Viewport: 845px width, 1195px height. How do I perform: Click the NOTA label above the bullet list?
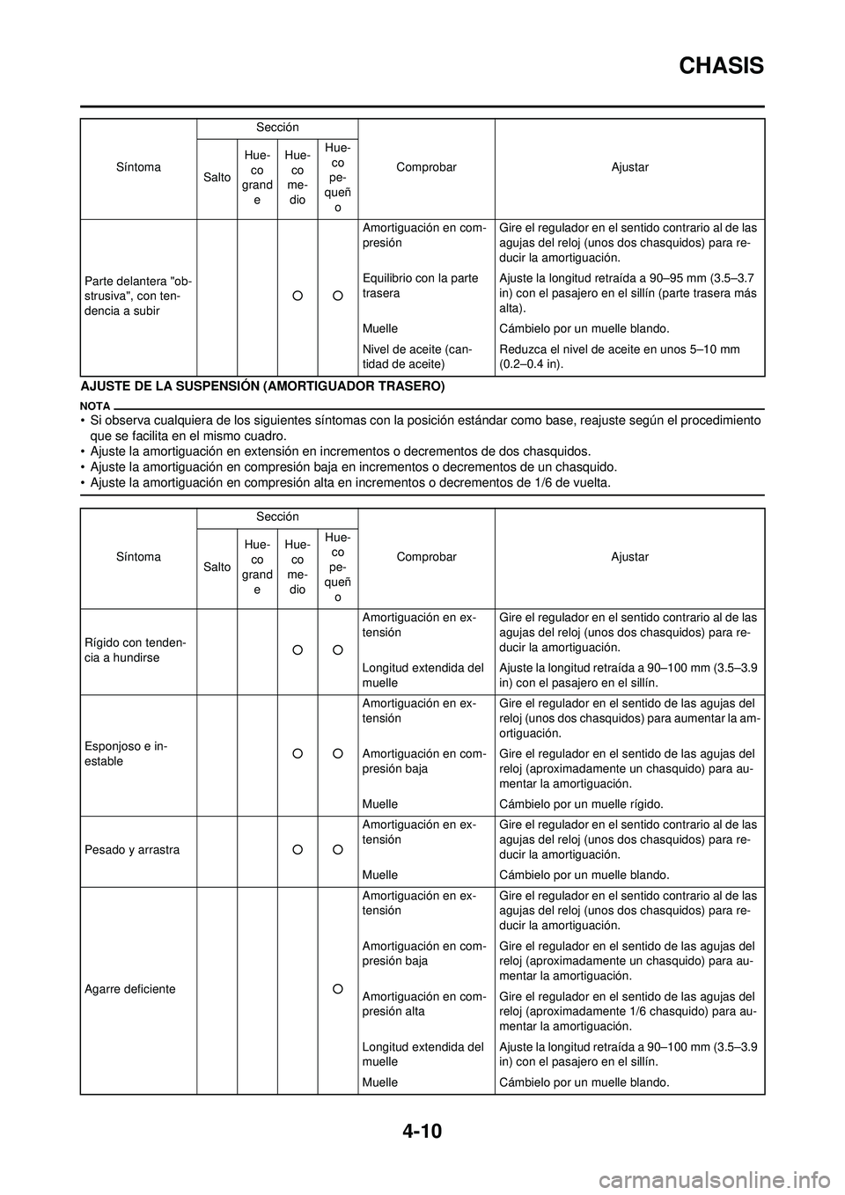(x=95, y=407)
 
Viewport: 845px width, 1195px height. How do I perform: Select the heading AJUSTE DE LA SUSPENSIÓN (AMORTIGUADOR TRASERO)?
(x=262, y=386)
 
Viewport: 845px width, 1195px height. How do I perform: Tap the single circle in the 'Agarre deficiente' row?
(x=338, y=989)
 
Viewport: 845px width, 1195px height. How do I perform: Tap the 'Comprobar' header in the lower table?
(x=427, y=557)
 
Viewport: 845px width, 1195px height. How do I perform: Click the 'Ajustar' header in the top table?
(x=630, y=167)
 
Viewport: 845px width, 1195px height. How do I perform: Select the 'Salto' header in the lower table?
(x=217, y=567)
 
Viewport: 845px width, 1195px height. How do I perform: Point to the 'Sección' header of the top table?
(x=278, y=128)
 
